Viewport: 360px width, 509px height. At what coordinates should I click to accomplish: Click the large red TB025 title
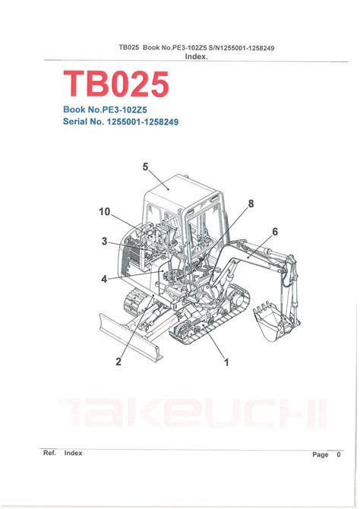coord(116,84)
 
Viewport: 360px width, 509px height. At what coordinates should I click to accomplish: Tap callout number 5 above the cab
coord(145,167)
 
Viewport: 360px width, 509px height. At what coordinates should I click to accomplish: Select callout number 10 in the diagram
coord(105,212)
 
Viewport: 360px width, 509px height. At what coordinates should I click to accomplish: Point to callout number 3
coord(104,241)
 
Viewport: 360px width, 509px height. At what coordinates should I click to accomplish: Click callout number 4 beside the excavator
coord(104,279)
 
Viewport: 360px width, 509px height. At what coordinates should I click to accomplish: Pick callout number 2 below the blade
coord(118,362)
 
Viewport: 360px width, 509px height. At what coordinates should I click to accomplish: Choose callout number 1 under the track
coord(226,362)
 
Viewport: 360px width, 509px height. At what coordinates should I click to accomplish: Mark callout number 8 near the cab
coord(251,204)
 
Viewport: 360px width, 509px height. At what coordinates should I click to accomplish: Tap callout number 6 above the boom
coord(275,232)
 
